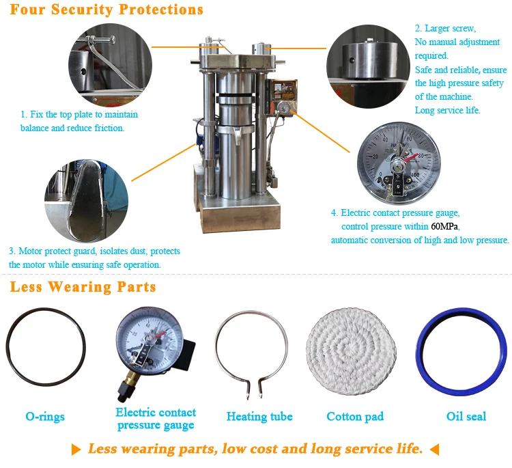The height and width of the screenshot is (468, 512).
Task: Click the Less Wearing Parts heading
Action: point(83,287)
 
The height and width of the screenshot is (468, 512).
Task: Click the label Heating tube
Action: point(259,416)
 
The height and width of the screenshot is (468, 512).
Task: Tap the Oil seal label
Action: point(466,416)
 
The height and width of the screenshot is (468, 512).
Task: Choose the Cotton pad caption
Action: point(355,416)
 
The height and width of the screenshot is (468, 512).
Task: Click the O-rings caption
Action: point(48,416)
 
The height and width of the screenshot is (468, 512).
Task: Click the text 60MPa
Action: point(444,226)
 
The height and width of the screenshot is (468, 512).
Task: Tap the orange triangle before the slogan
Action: point(77,450)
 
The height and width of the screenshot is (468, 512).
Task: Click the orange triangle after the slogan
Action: point(433,450)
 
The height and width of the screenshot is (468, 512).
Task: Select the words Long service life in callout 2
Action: point(448,110)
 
